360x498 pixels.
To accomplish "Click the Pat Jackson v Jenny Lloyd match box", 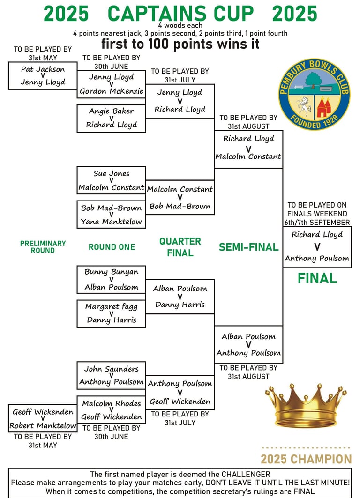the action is click(x=43, y=75).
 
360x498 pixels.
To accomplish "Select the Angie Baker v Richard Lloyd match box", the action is click(x=111, y=119).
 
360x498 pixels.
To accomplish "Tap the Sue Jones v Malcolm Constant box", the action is click(x=111, y=180).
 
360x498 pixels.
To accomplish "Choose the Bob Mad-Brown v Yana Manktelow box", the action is click(x=111, y=215).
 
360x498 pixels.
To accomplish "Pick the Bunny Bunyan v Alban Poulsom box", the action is click(x=111, y=280).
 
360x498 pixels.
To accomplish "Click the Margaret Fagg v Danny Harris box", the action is click(x=111, y=314).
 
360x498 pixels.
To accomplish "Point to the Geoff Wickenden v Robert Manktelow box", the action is click(x=43, y=418).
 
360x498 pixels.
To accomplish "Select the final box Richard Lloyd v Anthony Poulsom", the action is click(x=317, y=247).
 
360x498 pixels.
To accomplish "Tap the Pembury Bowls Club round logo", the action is click(x=315, y=94).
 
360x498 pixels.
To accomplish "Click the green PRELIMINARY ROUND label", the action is click(x=43, y=247).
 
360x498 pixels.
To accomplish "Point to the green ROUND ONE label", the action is click(x=112, y=247).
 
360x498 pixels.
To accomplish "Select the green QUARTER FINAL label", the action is click(x=180, y=247).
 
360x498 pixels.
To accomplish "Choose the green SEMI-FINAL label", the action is click(x=249, y=247).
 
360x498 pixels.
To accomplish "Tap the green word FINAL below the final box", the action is click(x=317, y=278).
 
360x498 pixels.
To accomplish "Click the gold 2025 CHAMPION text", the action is click(x=306, y=459).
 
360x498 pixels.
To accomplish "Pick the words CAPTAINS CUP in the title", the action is click(x=180, y=13).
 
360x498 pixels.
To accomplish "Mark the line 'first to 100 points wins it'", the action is click(x=180, y=44).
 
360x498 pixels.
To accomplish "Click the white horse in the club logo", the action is click(x=303, y=105).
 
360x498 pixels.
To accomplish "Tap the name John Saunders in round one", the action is click(x=111, y=369).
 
